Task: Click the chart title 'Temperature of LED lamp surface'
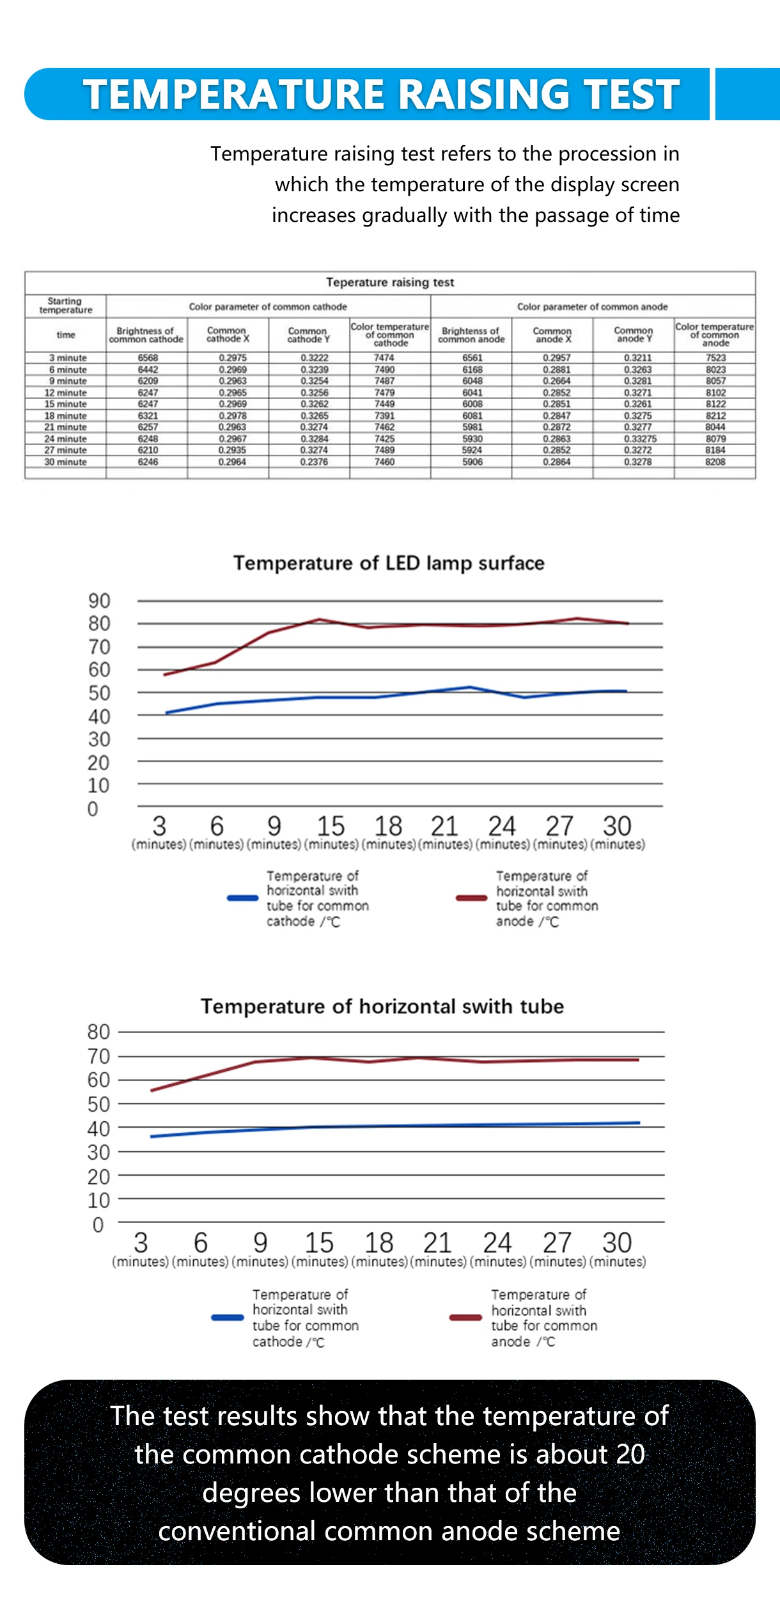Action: pyautogui.click(x=389, y=563)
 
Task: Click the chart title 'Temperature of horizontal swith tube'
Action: pyautogui.click(x=382, y=1006)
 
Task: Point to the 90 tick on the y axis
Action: pyautogui.click(x=99, y=601)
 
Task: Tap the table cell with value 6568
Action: pyautogui.click(x=148, y=358)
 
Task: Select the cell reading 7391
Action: pyautogui.click(x=384, y=416)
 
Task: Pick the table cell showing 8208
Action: pyautogui.click(x=715, y=462)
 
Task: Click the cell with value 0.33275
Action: pyautogui.click(x=640, y=439)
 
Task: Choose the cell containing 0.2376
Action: pyautogui.click(x=314, y=462)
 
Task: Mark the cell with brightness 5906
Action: pyautogui.click(x=472, y=462)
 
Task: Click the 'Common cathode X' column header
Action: pyautogui.click(x=228, y=335)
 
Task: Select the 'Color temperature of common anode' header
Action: pyautogui.click(x=715, y=335)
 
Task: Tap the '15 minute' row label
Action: pyautogui.click(x=65, y=404)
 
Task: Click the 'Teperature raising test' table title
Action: pyautogui.click(x=390, y=282)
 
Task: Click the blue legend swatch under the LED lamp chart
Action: pyautogui.click(x=242, y=898)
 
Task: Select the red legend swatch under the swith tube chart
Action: pyautogui.click(x=465, y=1317)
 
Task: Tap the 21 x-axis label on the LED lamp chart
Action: pyautogui.click(x=444, y=826)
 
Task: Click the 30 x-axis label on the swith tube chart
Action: pyautogui.click(x=617, y=1243)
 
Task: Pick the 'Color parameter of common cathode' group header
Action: pyautogui.click(x=268, y=307)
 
